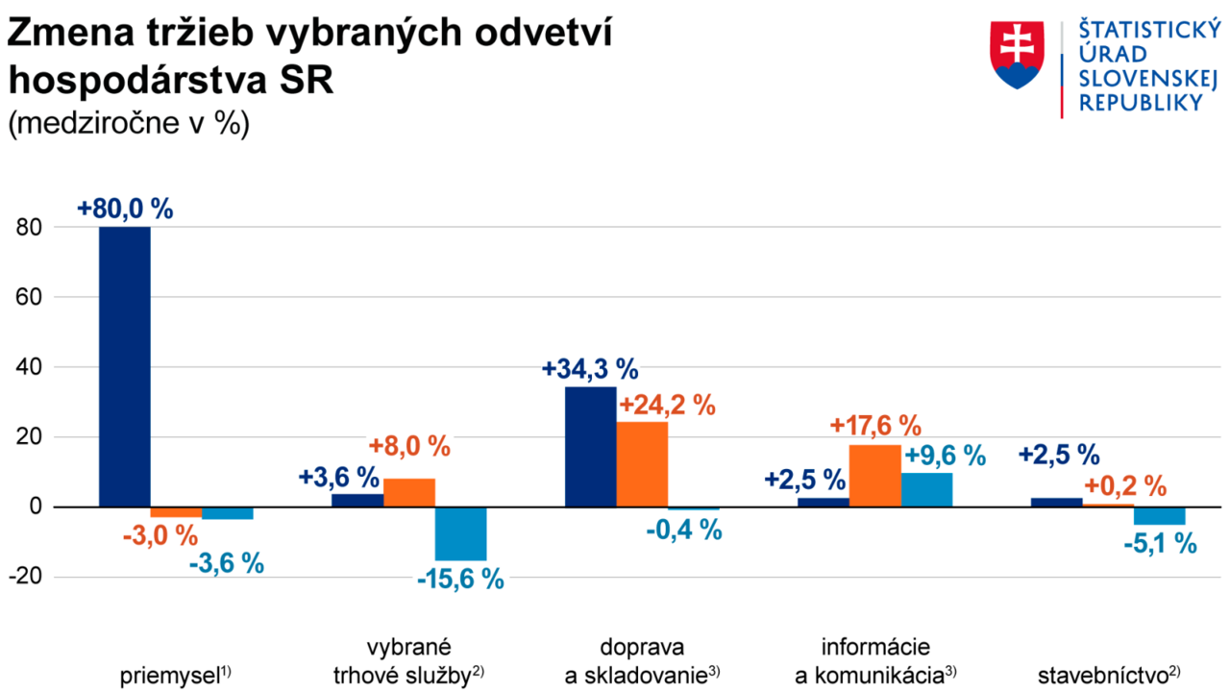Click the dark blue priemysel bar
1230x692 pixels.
pyautogui.click(x=125, y=366)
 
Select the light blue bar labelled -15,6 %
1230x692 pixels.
pyautogui.click(x=460, y=533)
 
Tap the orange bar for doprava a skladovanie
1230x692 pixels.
pyautogui.click(x=642, y=464)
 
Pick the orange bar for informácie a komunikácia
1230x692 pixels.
pyautogui.click(x=874, y=476)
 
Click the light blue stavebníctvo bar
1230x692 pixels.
pyautogui.click(x=1159, y=515)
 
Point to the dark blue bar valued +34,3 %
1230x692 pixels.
pyautogui.click(x=590, y=446)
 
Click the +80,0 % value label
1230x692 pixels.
pyautogui.click(x=126, y=209)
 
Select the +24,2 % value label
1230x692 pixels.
pyautogui.click(x=667, y=405)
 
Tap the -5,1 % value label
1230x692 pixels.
pyautogui.click(x=1160, y=543)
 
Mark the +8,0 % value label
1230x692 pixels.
pyautogui.click(x=409, y=446)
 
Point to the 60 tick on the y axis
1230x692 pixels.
pyautogui.click(x=35, y=297)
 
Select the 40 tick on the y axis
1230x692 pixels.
pyautogui.click(x=35, y=367)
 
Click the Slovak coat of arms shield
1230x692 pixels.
pyautogui.click(x=1018, y=54)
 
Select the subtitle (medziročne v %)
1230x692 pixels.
pyautogui.click(x=129, y=125)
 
